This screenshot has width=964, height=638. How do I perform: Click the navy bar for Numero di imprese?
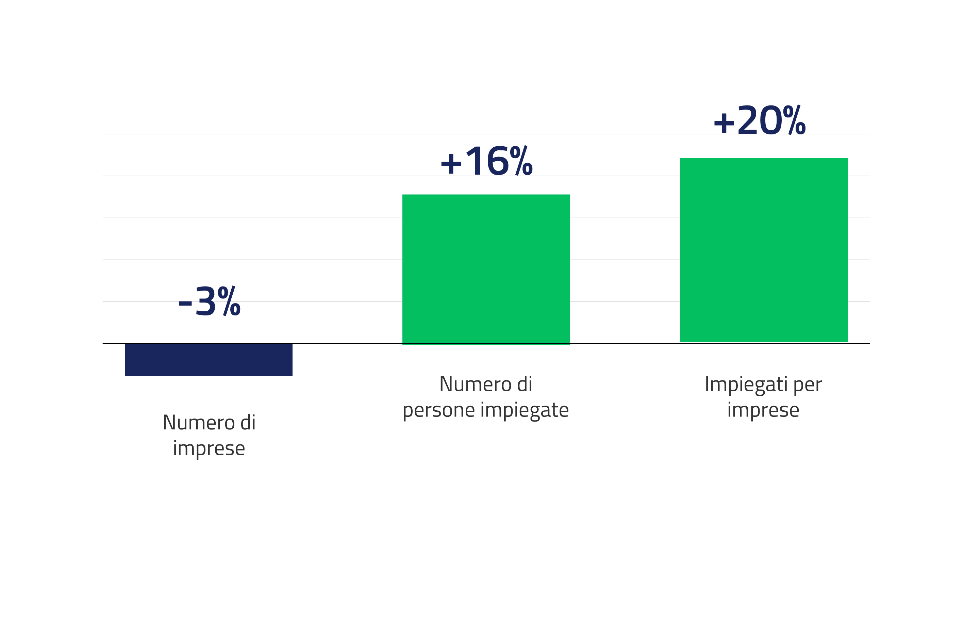tap(208, 360)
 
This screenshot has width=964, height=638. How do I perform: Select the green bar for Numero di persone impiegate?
tap(486, 269)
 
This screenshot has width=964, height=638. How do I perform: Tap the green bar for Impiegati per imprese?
tap(763, 250)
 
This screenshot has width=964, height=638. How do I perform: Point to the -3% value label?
tap(210, 301)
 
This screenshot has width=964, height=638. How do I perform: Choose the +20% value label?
tap(760, 120)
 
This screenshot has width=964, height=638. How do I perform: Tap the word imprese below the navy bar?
tap(209, 448)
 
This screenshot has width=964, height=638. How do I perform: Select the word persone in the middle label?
tap(438, 410)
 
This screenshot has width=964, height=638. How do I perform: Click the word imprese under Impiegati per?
tap(763, 410)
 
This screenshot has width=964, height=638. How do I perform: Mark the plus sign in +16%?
tap(451, 164)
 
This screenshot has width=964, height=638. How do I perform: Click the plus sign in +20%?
tap(724, 122)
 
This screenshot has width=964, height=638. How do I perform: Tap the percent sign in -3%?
tap(229, 301)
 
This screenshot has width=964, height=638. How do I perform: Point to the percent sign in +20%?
tap(794, 120)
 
